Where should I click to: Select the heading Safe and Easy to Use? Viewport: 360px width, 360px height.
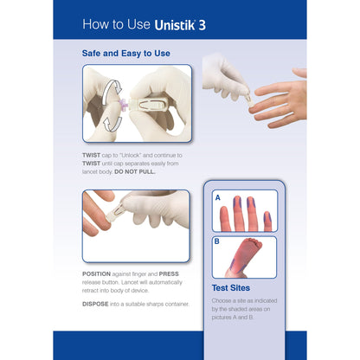pos(125,54)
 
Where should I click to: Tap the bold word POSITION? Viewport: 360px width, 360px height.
pos(98,273)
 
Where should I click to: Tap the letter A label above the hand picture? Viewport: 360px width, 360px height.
pos(216,197)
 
